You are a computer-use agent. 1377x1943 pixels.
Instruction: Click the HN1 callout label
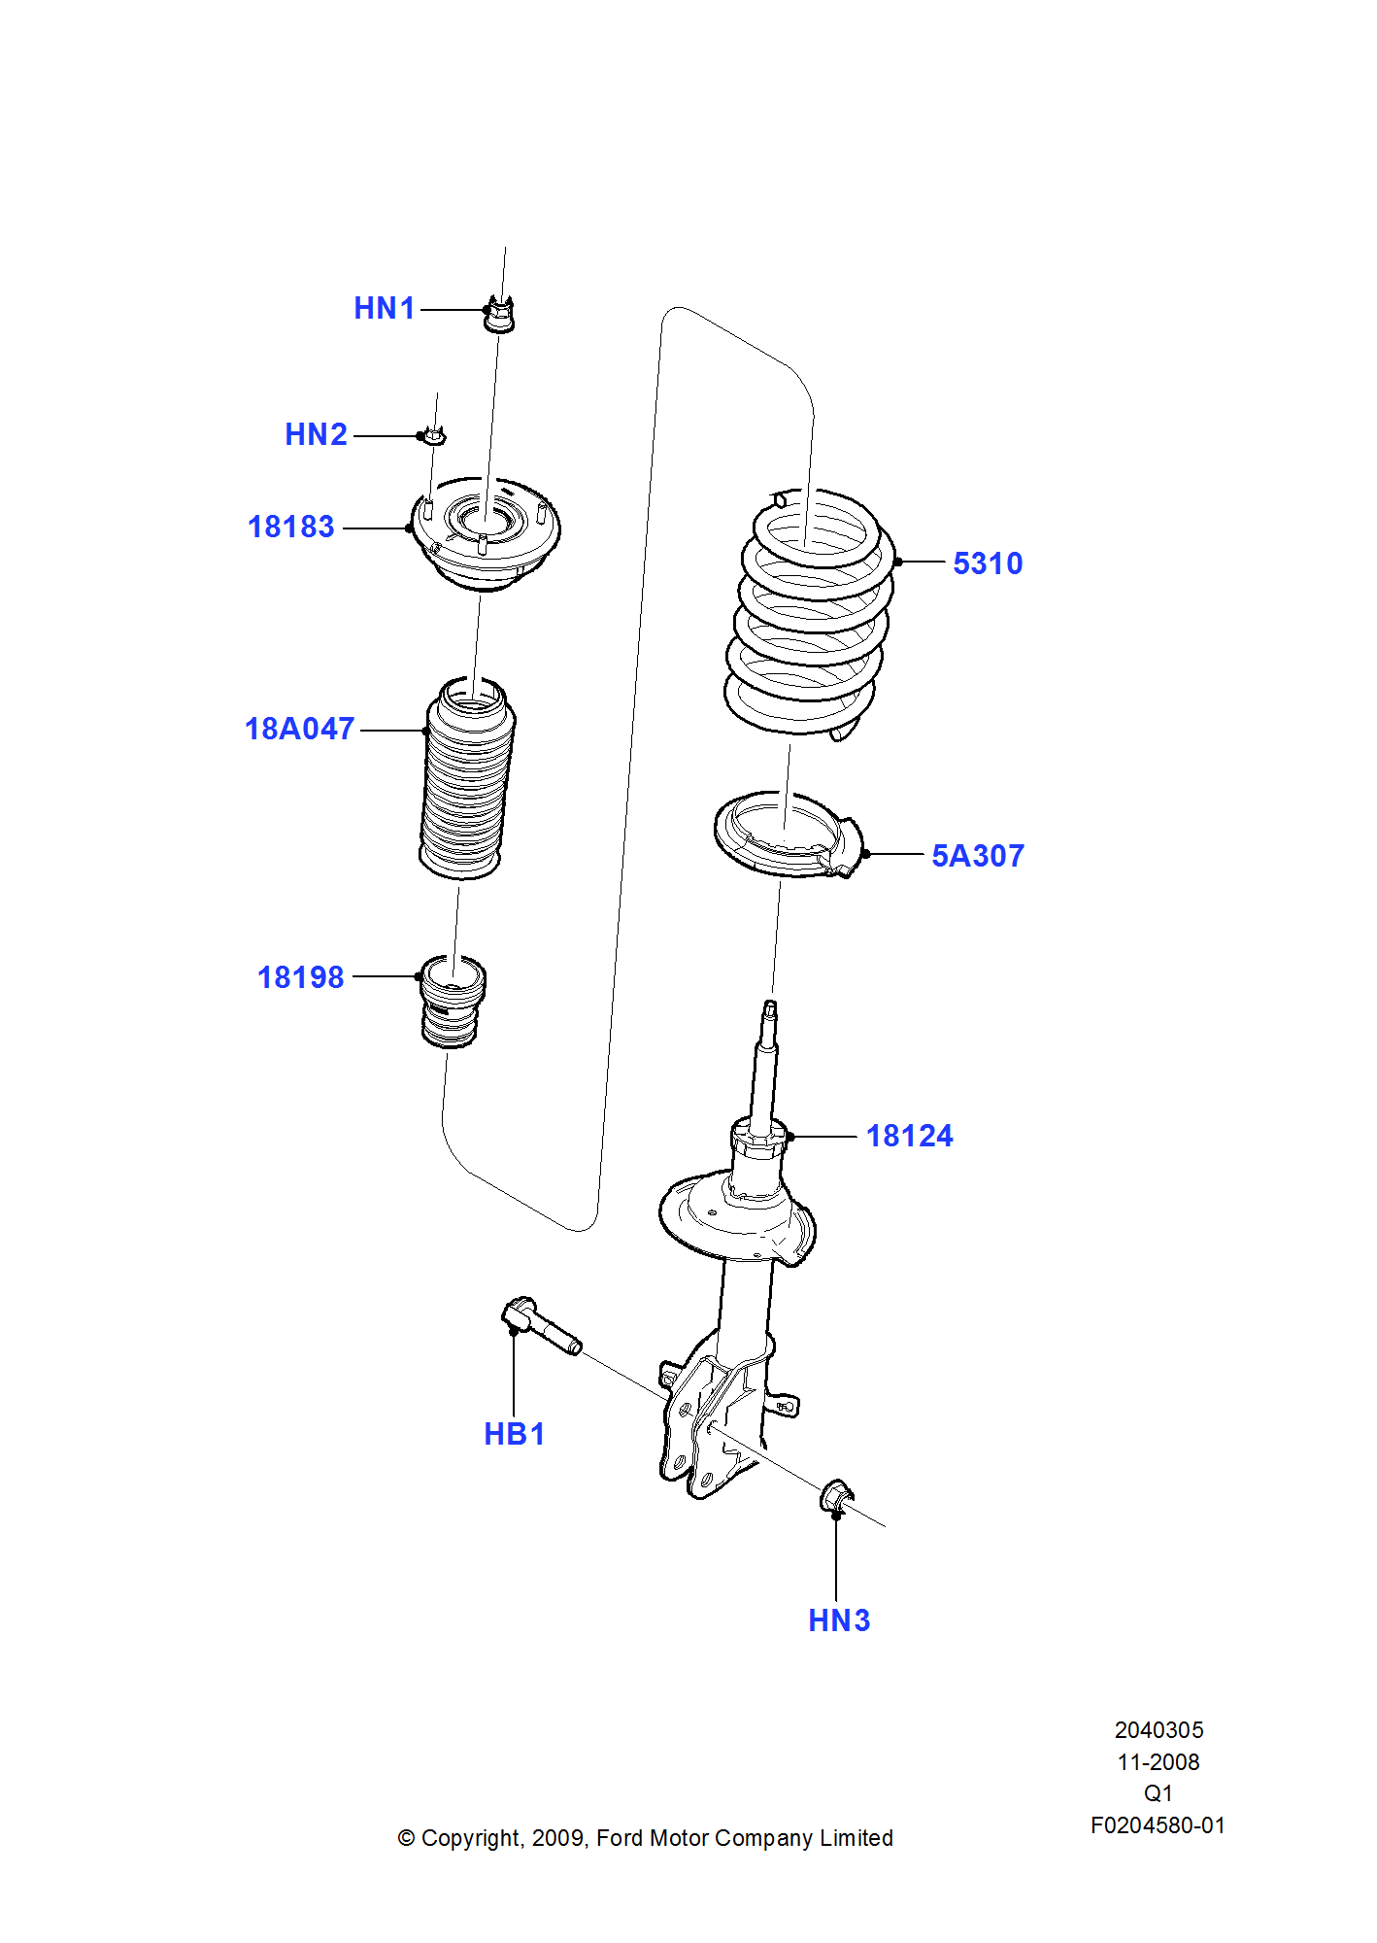coord(385,309)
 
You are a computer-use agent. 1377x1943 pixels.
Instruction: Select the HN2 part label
coord(316,435)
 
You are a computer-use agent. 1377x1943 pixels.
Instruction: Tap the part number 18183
coord(291,528)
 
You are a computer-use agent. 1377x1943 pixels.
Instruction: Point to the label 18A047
coord(299,730)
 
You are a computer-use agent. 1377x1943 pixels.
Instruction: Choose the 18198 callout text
coord(300,978)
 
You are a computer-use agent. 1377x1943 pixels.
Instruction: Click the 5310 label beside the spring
coord(988,564)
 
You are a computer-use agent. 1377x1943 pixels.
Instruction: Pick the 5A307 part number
coord(977,857)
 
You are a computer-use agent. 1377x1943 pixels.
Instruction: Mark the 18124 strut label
coord(909,1137)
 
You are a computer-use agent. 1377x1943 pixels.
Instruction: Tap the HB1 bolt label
coord(514,1435)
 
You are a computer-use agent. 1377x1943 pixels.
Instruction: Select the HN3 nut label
coord(839,1621)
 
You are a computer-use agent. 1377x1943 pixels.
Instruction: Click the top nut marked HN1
coord(499,314)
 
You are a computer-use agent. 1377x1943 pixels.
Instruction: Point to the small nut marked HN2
coord(434,436)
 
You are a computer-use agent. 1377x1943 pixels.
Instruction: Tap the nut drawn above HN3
coord(836,1497)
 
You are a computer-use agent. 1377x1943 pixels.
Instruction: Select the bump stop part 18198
coord(452,1004)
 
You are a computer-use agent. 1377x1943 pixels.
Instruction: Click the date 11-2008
coord(1158,1762)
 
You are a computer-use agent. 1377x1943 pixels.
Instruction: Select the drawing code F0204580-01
coord(1158,1825)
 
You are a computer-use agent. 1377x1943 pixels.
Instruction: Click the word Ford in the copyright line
coord(619,1838)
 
